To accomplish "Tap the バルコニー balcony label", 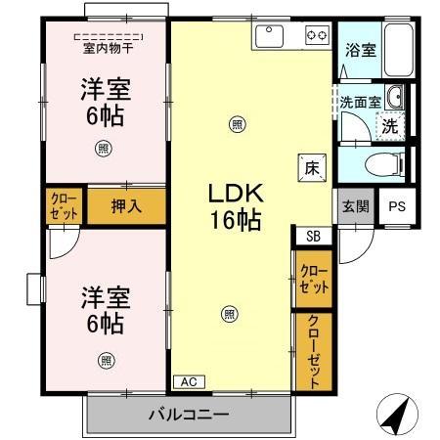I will pyautogui.click(x=189, y=414).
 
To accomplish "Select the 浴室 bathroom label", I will pyautogui.click(x=359, y=50).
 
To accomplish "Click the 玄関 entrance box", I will pyautogui.click(x=355, y=205).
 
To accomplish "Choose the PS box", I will pyautogui.click(x=395, y=205).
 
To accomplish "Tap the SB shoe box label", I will pyautogui.click(x=312, y=236).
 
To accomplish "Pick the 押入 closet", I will pyautogui.click(x=125, y=206).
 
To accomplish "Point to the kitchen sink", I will pyautogui.click(x=269, y=35).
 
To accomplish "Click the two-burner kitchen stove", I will pyautogui.click(x=317, y=35).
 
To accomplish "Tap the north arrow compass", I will pyautogui.click(x=396, y=415).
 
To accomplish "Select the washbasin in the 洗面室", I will pyautogui.click(x=394, y=96).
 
